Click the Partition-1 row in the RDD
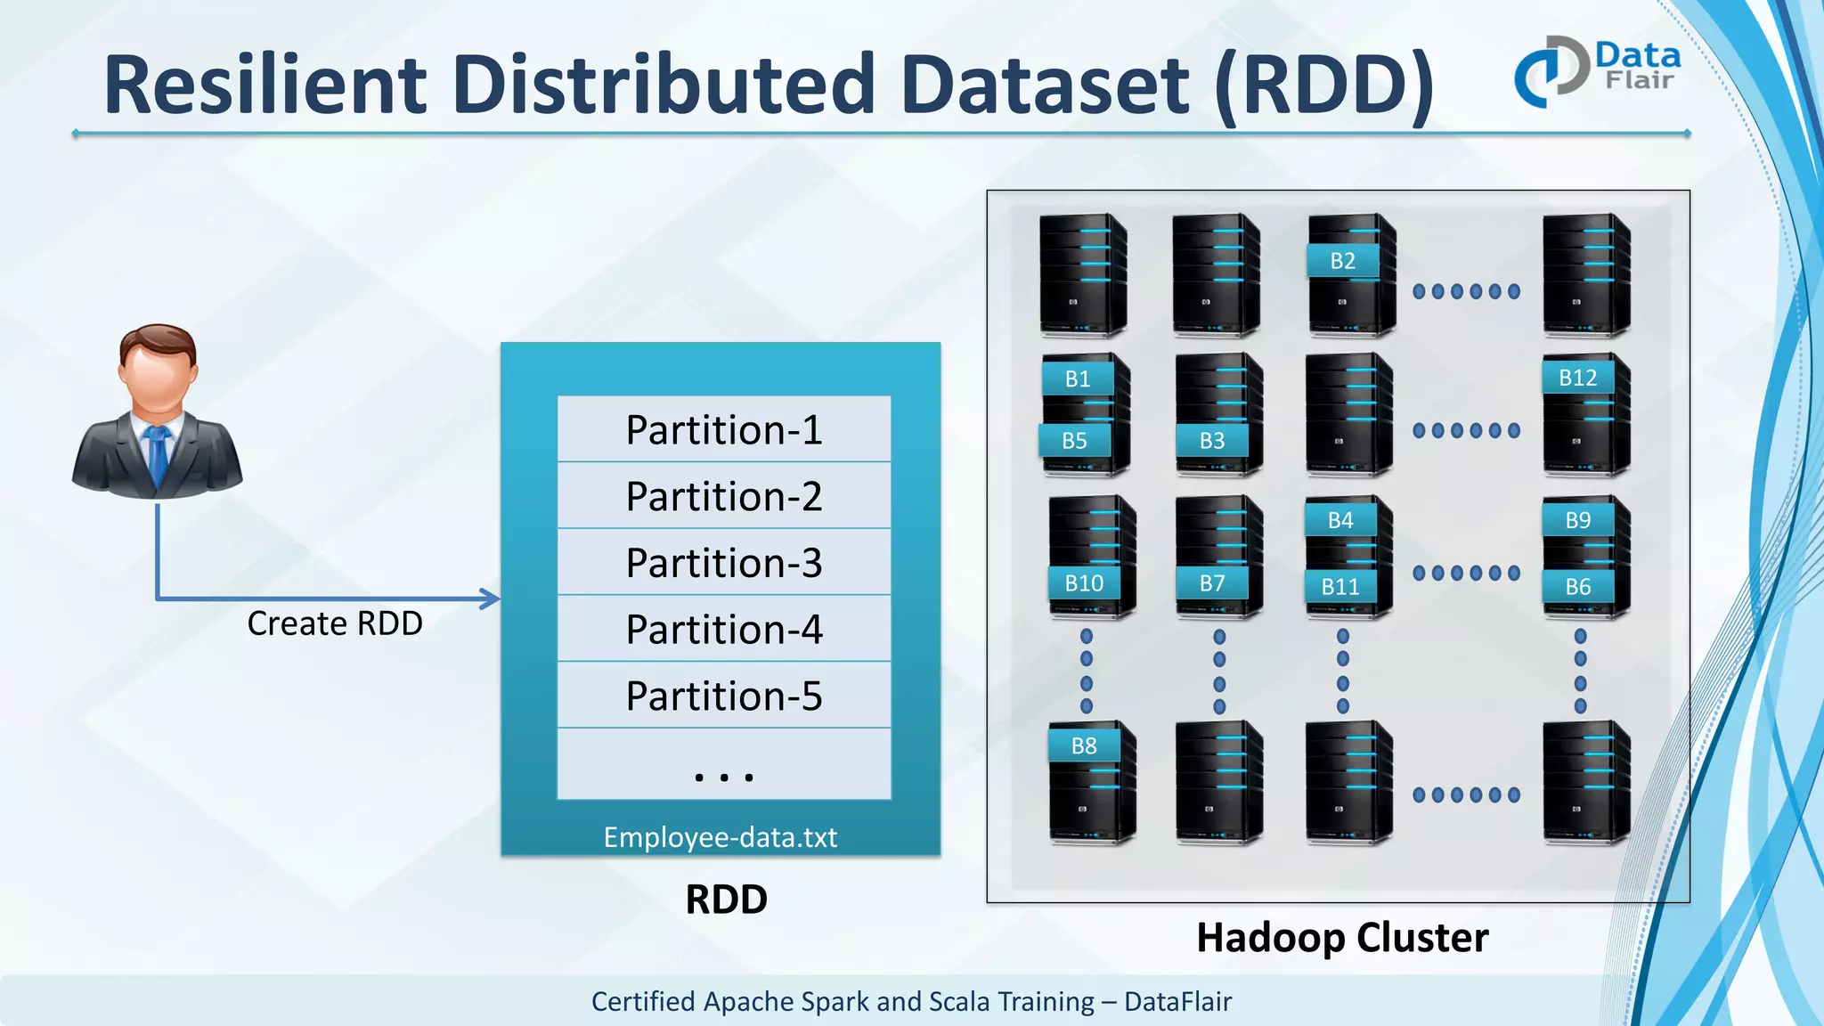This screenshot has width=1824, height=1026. tap(723, 430)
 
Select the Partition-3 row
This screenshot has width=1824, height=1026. tap(723, 563)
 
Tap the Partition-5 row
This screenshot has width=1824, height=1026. tap(723, 696)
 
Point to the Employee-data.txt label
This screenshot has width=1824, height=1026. tap(720, 837)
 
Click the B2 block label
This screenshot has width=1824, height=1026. tap(1342, 261)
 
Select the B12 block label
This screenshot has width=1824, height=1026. tap(1577, 378)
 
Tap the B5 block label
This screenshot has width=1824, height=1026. tap(1074, 441)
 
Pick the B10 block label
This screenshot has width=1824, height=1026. tap(1084, 583)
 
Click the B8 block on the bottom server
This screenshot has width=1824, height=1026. tap(1083, 745)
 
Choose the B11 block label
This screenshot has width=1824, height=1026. tap(1339, 587)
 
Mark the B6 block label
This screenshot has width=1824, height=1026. tap(1577, 587)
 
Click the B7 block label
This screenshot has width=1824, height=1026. tap(1211, 583)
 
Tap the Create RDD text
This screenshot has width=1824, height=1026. tap(335, 623)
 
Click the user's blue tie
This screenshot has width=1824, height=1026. tap(158, 454)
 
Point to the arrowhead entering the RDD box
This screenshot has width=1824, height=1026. tap(491, 598)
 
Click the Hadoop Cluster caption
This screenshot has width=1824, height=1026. tap(1341, 938)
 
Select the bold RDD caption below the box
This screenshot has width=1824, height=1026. tap(726, 900)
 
